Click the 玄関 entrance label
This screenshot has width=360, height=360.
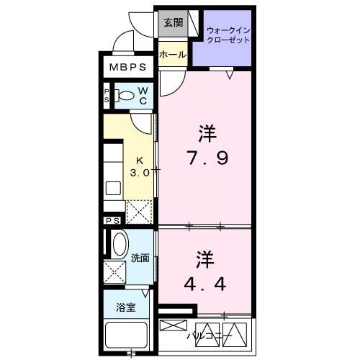[172, 23]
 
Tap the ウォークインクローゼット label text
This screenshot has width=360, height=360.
[228, 35]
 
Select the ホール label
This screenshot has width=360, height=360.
[173, 55]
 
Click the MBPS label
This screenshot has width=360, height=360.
[127, 68]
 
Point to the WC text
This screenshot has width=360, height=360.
[143, 95]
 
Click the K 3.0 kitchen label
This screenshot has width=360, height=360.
[139, 167]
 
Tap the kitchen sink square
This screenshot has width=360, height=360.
[114, 188]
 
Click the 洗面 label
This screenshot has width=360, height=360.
[140, 258]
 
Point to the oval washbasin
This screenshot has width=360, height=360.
[120, 244]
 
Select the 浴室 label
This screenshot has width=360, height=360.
[126, 308]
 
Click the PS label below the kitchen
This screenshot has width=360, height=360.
[113, 220]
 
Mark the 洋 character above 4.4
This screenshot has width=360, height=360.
[204, 258]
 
